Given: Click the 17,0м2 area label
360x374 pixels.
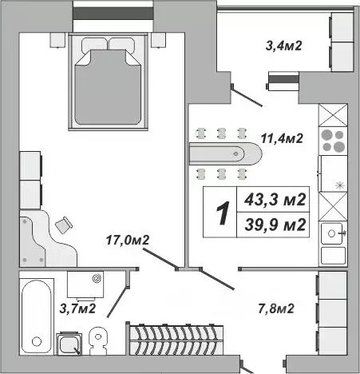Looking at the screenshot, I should point(130,239).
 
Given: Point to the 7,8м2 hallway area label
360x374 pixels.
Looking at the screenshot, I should point(276,308).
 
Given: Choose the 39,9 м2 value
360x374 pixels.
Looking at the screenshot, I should point(278,225).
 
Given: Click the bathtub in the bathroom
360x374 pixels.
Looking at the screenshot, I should point(37,314).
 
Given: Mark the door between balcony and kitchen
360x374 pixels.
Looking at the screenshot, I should point(245,94).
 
